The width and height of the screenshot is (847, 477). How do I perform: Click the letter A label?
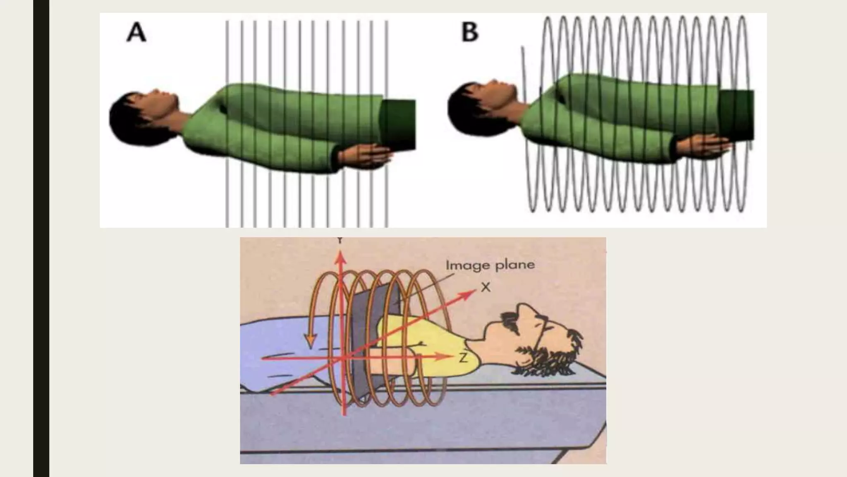[136, 32]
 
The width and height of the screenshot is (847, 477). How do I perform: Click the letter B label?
[469, 31]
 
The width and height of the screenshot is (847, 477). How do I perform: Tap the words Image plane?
[490, 265]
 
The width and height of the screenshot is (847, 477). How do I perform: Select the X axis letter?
[486, 287]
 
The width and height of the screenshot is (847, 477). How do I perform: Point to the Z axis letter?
[463, 358]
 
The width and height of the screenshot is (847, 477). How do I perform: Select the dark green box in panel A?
[398, 125]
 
